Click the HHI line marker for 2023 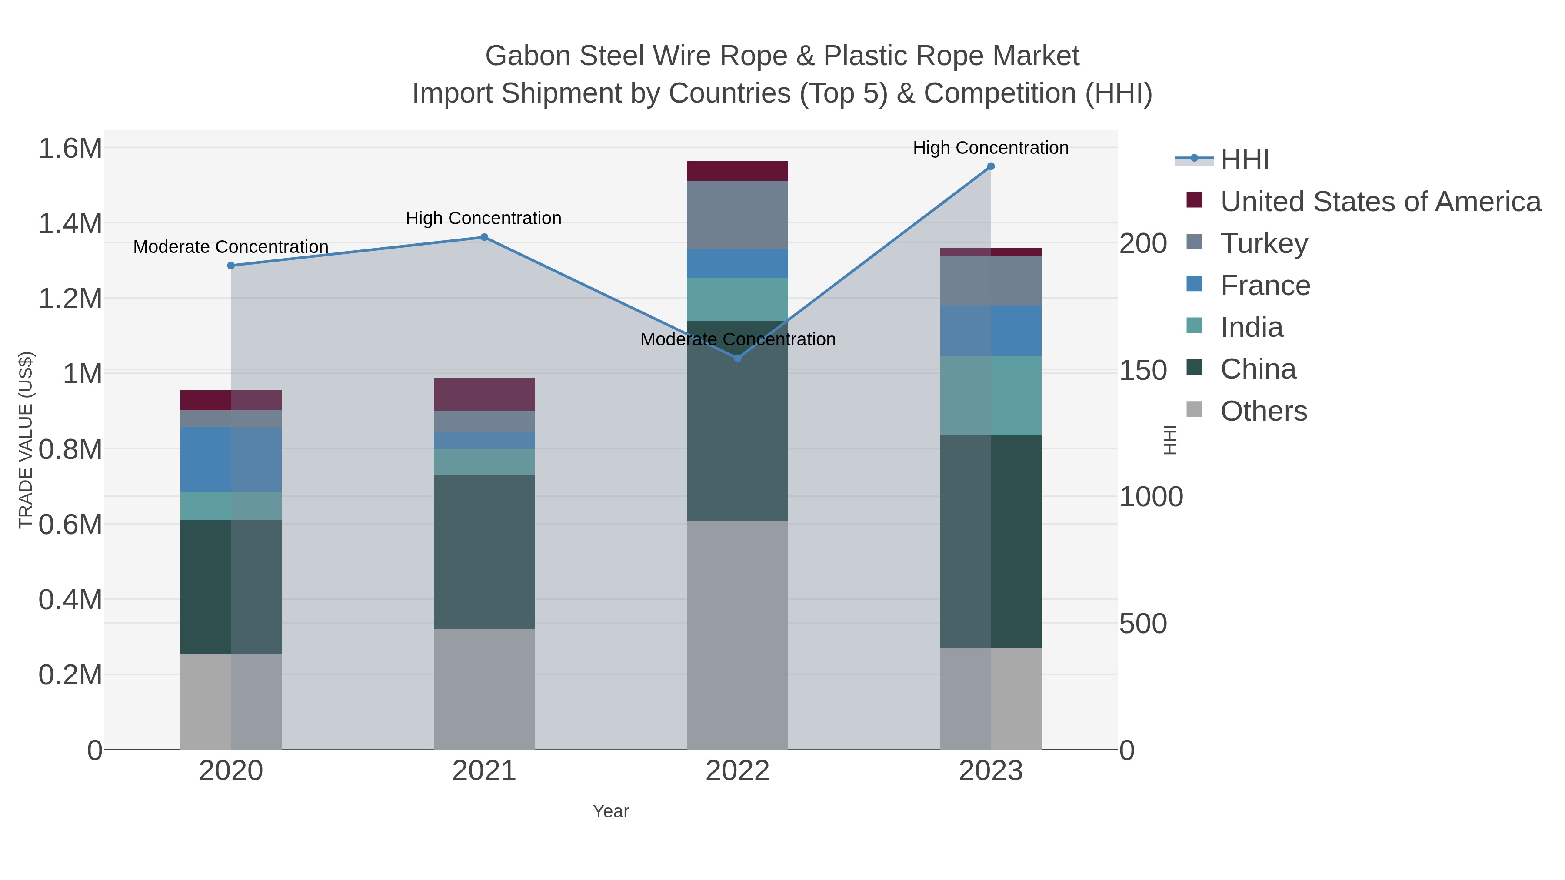coord(990,166)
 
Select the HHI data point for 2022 coord(738,359)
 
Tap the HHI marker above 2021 coord(484,237)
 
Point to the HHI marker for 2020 coord(231,266)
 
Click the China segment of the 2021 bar coord(484,551)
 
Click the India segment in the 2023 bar coord(990,395)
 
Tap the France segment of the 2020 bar coord(231,460)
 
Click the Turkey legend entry coord(1264,243)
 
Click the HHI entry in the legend coord(1244,160)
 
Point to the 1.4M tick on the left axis coord(70,223)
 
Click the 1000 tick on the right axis coord(1151,497)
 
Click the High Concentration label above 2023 coord(990,148)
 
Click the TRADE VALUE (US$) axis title coord(26,440)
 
